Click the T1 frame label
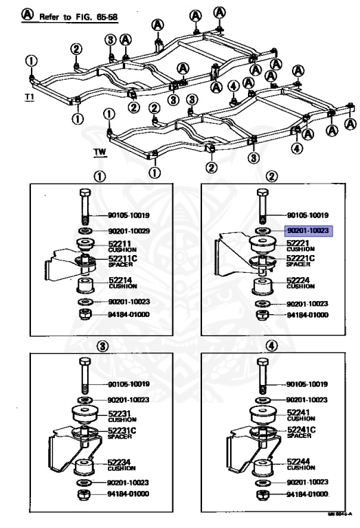pyautogui.click(x=29, y=98)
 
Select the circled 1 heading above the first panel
pyautogui.click(x=101, y=175)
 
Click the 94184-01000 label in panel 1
pyautogui.click(x=132, y=314)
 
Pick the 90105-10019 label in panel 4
pyautogui.click(x=307, y=384)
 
